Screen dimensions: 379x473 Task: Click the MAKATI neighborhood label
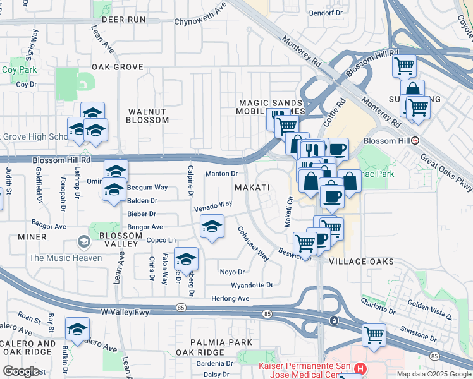point(252,188)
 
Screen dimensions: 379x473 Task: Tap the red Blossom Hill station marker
point(415,141)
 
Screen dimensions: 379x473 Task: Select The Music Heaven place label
point(65,258)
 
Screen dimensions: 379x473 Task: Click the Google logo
point(21,371)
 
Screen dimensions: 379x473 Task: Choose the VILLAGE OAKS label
point(362,262)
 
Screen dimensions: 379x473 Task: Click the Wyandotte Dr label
point(252,285)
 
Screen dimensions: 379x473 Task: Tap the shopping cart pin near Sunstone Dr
point(374,334)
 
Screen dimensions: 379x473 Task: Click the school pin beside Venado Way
point(212,226)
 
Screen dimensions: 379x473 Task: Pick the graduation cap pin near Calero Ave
point(77,328)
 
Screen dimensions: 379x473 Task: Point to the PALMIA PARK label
point(206,342)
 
